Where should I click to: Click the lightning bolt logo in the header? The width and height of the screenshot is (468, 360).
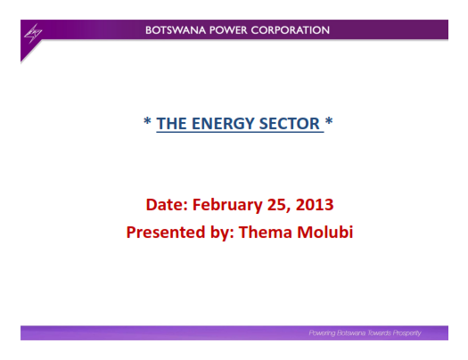(33, 33)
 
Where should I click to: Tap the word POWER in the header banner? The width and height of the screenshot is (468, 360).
(228, 30)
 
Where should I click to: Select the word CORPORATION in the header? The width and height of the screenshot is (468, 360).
(290, 30)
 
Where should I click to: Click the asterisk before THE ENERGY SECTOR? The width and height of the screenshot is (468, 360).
(147, 121)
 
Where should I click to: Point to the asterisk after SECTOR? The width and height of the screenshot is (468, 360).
(329, 121)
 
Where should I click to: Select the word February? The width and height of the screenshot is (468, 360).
(227, 206)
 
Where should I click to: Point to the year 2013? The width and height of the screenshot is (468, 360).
(315, 205)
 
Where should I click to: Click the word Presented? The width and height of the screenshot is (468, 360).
(166, 233)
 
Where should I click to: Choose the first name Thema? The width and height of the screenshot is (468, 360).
(265, 232)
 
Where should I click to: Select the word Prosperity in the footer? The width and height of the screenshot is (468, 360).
(406, 333)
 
